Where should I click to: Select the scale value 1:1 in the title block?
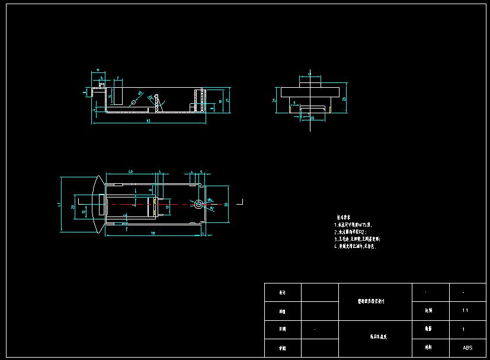coord(465,310)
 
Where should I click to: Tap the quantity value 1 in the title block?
coord(463,329)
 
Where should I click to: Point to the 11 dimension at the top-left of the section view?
coord(97,71)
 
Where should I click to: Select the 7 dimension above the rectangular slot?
coord(118,78)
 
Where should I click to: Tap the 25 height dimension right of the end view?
coord(344,99)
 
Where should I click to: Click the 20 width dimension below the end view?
coord(312,117)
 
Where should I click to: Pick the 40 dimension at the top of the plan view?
coord(130,171)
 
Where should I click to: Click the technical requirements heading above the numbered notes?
coord(345,218)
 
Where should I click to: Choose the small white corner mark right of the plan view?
coord(241,202)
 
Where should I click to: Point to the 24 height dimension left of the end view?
coord(274,101)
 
